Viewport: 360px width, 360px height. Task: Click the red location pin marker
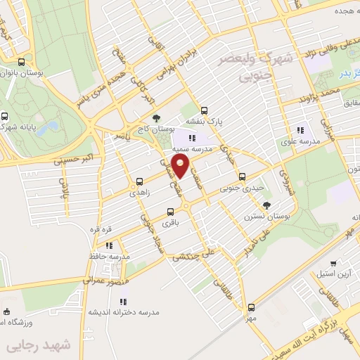click(181, 167)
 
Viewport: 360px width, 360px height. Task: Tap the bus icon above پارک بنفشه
click(204, 110)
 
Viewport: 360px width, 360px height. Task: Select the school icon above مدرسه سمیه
click(193, 138)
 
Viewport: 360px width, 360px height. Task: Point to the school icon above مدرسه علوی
click(301, 129)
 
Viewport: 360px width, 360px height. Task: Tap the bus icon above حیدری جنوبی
click(242, 176)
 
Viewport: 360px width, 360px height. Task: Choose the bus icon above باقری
click(171, 211)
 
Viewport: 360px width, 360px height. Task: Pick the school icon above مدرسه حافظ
click(109, 245)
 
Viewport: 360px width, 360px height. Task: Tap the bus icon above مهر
click(251, 307)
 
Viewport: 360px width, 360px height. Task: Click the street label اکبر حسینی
click(74, 160)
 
